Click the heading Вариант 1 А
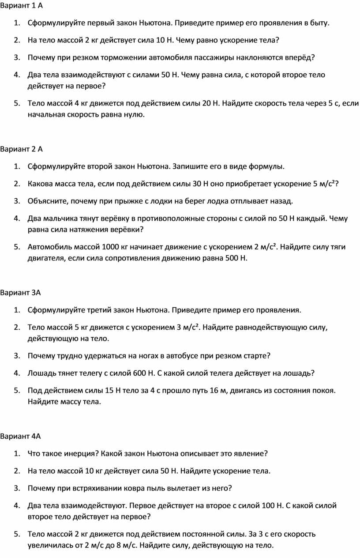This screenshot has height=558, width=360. click(22, 6)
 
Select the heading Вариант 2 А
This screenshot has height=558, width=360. click(22, 149)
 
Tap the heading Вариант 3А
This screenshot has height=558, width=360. click(20, 293)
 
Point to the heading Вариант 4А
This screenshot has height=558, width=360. click(20, 437)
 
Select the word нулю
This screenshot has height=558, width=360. click(133, 115)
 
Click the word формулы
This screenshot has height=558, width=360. click(266, 166)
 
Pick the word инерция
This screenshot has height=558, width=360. click(79, 453)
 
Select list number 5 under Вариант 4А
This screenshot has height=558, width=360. click(16, 534)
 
